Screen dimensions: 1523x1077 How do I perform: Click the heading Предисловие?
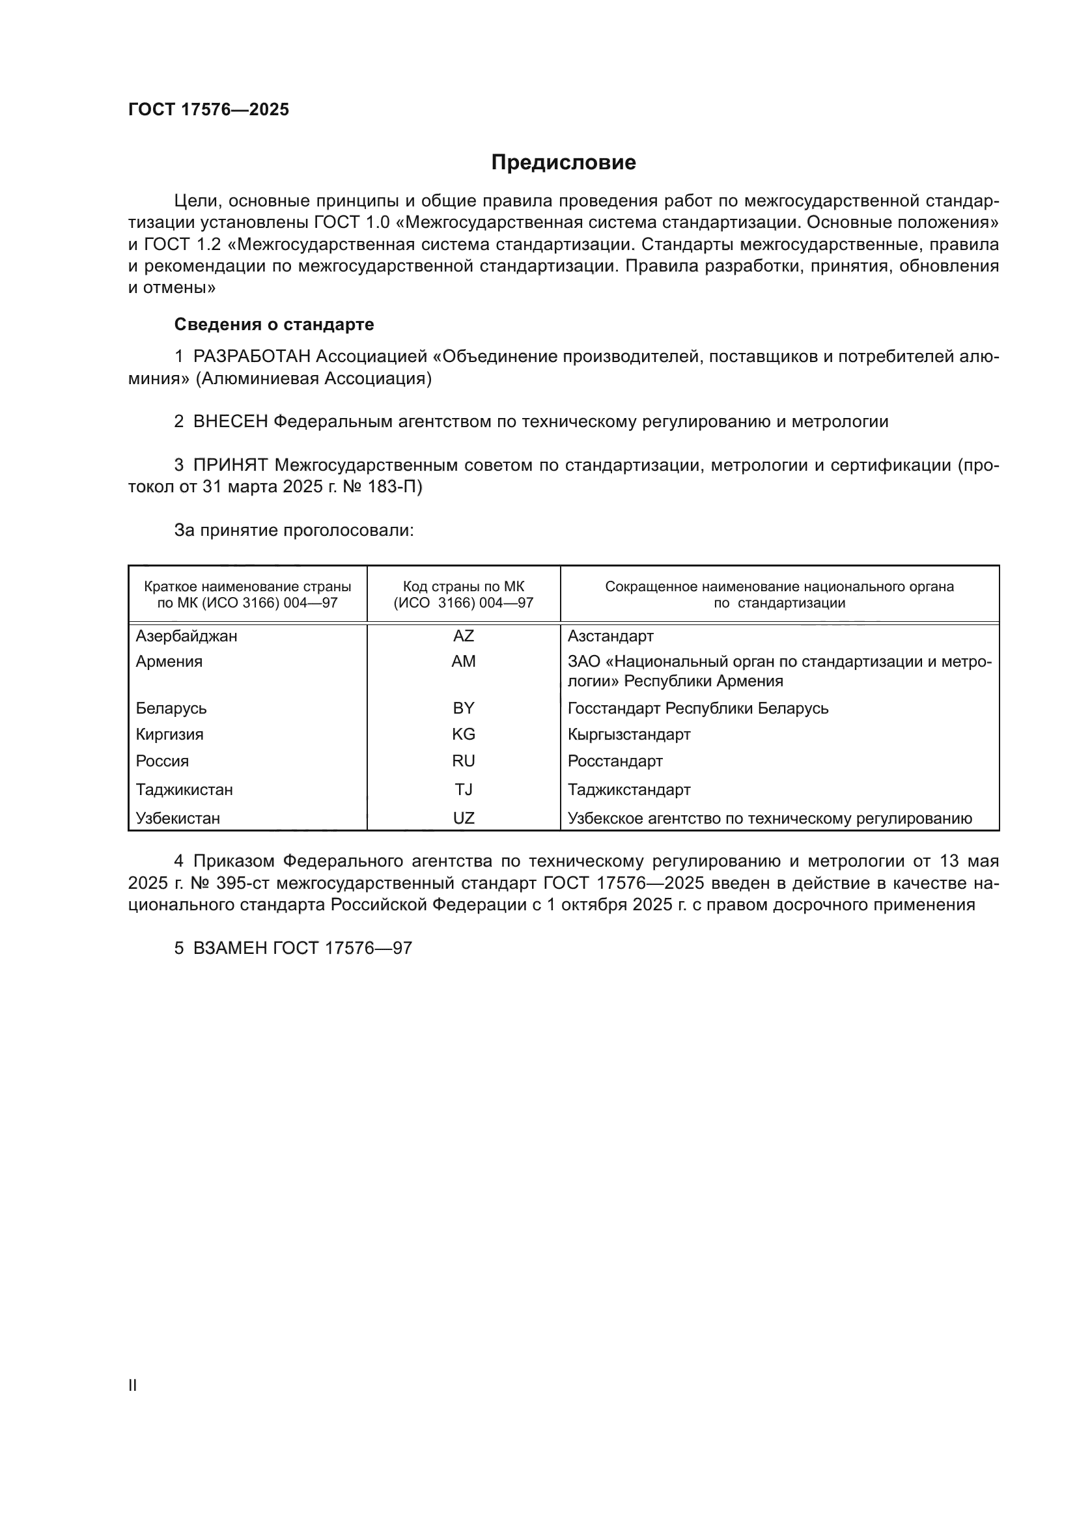[563, 163]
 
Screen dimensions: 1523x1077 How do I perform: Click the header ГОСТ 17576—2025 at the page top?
[209, 110]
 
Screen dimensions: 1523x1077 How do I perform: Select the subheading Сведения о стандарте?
[274, 324]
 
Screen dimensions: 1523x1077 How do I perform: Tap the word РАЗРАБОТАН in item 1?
[252, 357]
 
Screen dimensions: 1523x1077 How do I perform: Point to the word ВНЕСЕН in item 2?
[231, 421]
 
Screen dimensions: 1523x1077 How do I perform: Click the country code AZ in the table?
[464, 636]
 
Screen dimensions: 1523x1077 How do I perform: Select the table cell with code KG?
[464, 734]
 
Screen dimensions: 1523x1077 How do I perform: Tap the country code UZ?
[464, 818]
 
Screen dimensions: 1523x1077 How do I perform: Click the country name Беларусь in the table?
[171, 708]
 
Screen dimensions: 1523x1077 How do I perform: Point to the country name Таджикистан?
[184, 789]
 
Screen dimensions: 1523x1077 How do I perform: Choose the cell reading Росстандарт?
[615, 761]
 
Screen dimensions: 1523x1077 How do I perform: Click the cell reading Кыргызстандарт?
[629, 734]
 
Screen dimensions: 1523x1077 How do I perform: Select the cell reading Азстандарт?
[610, 636]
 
